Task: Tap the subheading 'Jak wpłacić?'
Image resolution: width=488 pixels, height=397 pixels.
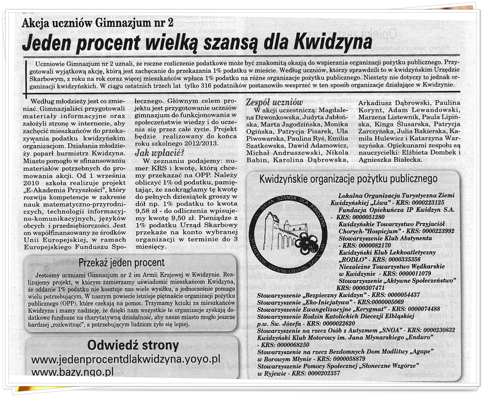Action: click(159, 153)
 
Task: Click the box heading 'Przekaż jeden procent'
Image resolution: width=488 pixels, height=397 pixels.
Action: click(122, 263)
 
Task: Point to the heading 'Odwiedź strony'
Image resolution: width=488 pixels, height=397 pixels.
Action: click(133, 345)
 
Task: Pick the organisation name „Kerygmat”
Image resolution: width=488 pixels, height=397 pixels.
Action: click(371, 309)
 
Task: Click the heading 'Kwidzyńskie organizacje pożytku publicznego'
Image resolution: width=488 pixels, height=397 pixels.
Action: click(348, 179)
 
